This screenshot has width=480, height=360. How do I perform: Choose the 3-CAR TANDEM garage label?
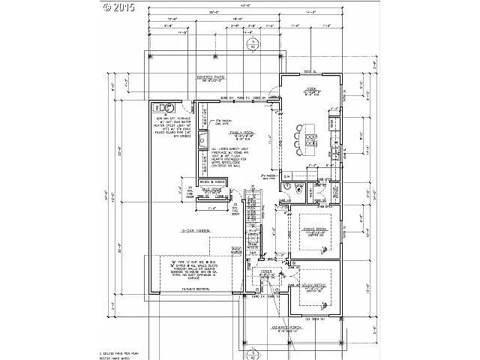[196, 230]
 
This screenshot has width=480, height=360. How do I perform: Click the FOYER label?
[265, 273]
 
